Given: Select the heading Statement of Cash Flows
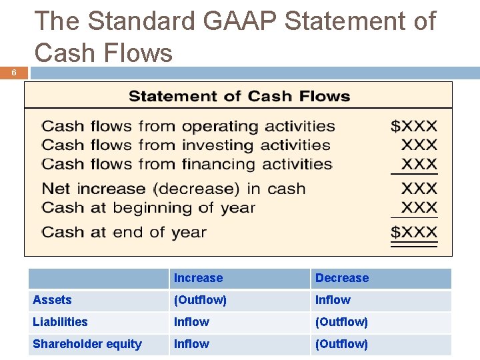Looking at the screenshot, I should click(x=239, y=96).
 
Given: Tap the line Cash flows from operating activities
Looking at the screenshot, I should click(x=188, y=126).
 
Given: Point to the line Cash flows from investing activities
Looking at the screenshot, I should click(x=186, y=145).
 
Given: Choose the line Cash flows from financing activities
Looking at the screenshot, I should click(x=187, y=164).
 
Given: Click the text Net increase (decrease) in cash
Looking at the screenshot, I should click(x=173, y=189).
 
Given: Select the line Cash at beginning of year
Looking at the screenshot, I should click(x=149, y=207).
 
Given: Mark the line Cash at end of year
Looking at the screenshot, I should click(x=124, y=233).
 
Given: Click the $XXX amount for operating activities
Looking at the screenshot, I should click(x=414, y=126).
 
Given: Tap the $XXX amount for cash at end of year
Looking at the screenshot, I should click(x=414, y=233).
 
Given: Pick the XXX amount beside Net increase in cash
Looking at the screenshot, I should click(x=419, y=189).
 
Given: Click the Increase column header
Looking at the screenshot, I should click(x=198, y=278).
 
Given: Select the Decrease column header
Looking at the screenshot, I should click(x=341, y=278).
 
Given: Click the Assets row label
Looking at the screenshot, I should click(x=52, y=300).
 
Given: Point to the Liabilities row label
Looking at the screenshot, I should click(x=60, y=322).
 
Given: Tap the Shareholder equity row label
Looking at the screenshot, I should click(x=87, y=344).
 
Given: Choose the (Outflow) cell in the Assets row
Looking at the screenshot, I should click(x=200, y=300).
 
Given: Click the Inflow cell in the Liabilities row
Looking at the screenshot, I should click(x=191, y=322).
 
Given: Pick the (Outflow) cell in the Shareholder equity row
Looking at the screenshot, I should click(x=341, y=344).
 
